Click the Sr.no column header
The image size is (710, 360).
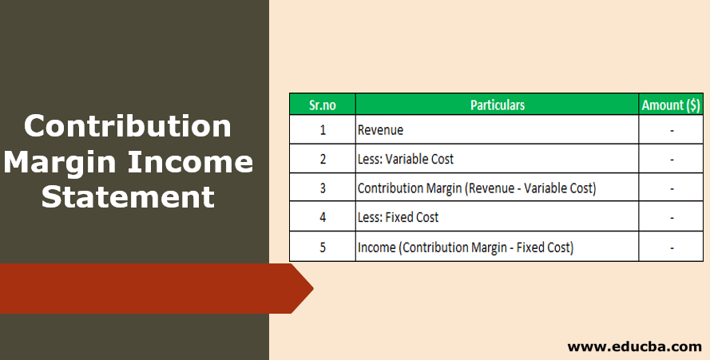pos(322,105)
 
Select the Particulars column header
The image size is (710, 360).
pos(497,105)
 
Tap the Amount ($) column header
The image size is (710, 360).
pos(672,105)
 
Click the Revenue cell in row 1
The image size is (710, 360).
pos(380,130)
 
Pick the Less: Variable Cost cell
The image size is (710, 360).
pos(405,159)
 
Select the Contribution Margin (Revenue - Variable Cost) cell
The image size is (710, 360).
pos(476,188)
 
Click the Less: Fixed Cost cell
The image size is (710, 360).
pos(398,217)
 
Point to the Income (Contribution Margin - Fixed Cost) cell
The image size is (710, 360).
pos(465,247)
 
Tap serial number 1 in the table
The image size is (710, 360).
pos(322,130)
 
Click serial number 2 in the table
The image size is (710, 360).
pos(322,159)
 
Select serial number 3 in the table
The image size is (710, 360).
pos(322,188)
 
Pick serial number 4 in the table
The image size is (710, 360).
pos(322,217)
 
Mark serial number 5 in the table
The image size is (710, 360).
pos(322,247)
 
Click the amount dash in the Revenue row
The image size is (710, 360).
pos(672,130)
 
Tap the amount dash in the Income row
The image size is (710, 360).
pos(672,247)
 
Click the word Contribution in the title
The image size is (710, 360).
pos(128,126)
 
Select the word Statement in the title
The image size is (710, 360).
pos(128,196)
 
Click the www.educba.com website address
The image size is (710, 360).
pos(634,346)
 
